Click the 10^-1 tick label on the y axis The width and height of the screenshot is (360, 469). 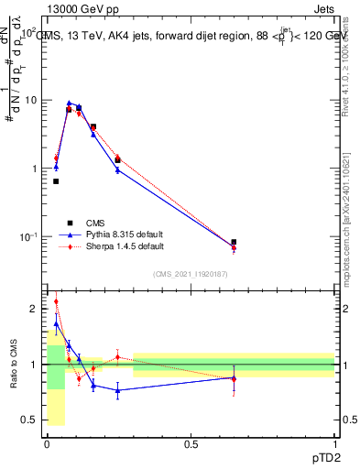pyautogui.click(x=31, y=237)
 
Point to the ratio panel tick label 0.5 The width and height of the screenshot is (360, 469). pyautogui.click(x=32, y=420)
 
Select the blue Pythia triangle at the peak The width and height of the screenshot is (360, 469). pyautogui.click(x=70, y=104)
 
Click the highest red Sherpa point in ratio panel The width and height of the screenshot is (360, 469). pyautogui.click(x=56, y=301)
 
